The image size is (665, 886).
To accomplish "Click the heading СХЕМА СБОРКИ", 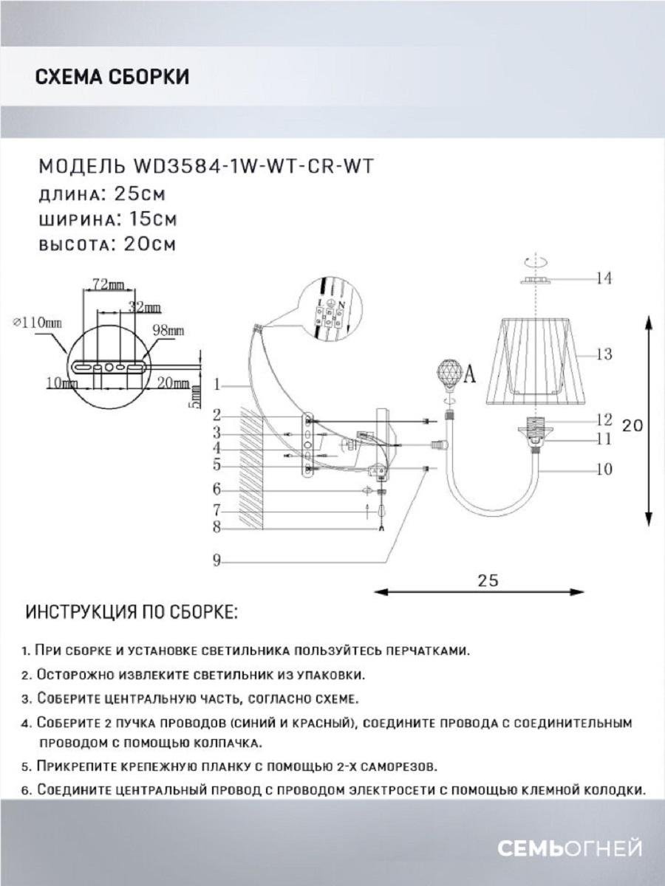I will coord(112,77).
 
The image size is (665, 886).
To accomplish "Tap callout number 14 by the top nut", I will coord(604,278).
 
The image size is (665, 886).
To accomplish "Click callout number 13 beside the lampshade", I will coord(604,354).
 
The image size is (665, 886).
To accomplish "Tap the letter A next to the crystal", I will coord(469,375).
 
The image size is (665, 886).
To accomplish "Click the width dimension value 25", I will coord(488,580).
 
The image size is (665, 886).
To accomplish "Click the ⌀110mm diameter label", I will coord(38,323).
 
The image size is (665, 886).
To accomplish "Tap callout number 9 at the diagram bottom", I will coord(216,561).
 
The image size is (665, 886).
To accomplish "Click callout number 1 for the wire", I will coord(216,385).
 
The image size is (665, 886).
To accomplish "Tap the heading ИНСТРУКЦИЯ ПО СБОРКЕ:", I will coord(132,613).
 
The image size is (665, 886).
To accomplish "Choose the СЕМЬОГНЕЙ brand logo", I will coord(569,849).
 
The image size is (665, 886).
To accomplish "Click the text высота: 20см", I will coord(106,245).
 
